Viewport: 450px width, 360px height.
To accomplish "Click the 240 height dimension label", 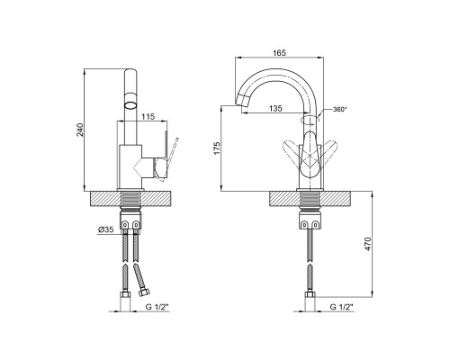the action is pos(80,130).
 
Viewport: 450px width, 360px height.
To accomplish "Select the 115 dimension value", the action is pos(148,116).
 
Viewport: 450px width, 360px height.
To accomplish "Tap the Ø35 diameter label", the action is pos(106,229).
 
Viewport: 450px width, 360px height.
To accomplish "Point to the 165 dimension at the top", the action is pos(279,53).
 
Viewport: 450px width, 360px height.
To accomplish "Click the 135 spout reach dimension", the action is pos(275,108).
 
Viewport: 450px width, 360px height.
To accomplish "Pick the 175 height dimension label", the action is pos(217,148).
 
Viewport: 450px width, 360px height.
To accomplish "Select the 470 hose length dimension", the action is pos(368,244).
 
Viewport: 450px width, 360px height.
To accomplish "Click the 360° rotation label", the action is pos(339,110).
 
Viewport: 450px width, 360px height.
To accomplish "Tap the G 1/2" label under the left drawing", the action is pos(157,307).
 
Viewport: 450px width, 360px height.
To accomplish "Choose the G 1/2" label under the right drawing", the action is pos(341,307).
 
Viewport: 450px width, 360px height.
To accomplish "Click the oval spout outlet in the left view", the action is pos(130,104).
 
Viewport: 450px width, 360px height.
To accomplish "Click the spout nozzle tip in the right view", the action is pos(243,101).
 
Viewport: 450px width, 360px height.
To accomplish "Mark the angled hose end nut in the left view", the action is pos(145,292).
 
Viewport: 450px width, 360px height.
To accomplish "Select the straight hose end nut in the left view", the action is pos(125,294).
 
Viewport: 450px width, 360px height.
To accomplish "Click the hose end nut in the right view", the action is pos(310,294).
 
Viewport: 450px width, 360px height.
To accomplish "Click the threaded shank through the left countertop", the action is pos(130,200).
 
